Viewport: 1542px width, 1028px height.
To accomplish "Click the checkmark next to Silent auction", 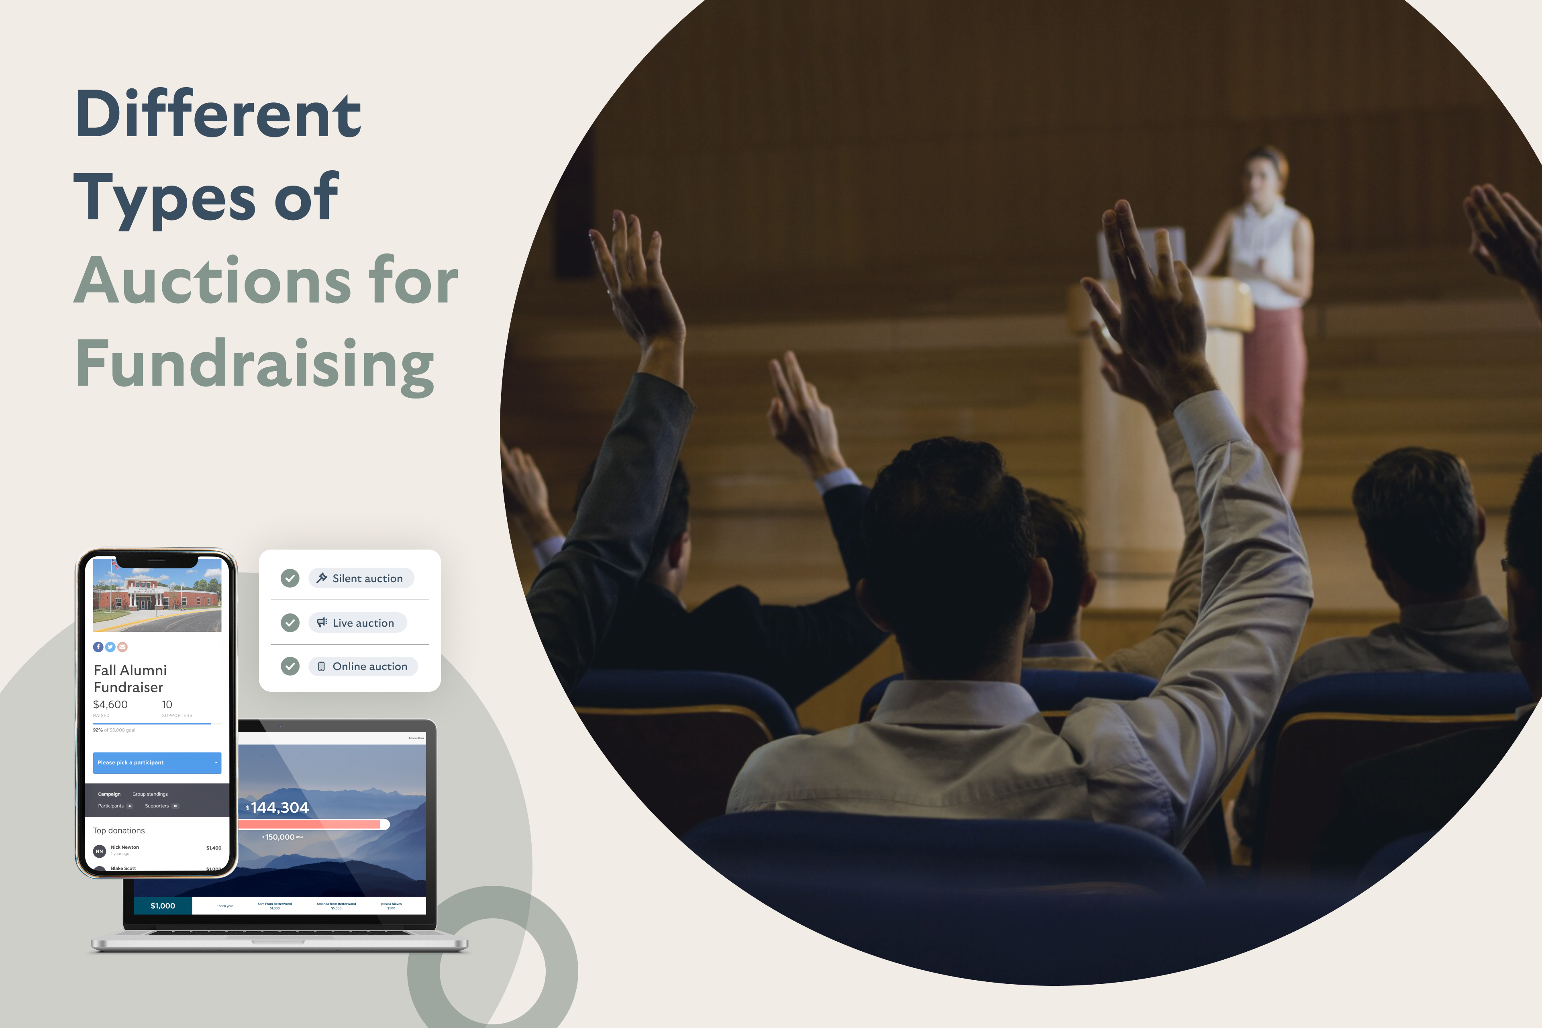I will click(x=290, y=578).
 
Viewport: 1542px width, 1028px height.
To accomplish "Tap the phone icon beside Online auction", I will click(x=321, y=667).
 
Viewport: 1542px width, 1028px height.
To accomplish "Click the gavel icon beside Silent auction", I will click(x=321, y=578).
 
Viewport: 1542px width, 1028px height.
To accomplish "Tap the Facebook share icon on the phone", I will click(x=98, y=647).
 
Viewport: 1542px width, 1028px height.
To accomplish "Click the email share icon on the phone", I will click(x=122, y=647).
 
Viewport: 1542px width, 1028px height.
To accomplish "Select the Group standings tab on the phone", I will click(x=150, y=794).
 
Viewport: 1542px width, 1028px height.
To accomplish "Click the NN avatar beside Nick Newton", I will click(x=100, y=851).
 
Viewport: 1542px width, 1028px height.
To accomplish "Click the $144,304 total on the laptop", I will click(x=278, y=808).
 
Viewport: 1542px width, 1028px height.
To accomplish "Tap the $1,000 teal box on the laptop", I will click(x=163, y=906).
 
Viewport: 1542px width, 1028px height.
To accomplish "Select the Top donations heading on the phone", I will click(x=118, y=831).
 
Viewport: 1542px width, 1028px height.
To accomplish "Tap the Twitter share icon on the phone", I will click(x=110, y=647).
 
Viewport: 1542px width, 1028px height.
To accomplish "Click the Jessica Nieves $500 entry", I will click(x=391, y=905).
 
